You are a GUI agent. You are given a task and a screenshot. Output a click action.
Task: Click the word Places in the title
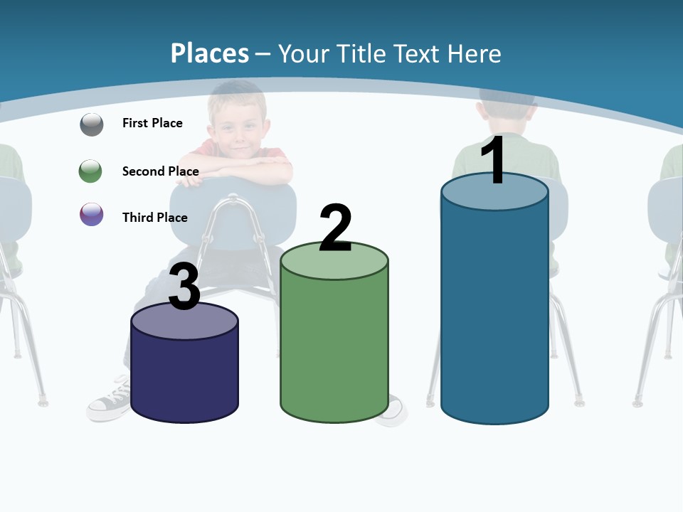coord(210,53)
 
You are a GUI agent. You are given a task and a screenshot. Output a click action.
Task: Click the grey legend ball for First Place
coord(92,124)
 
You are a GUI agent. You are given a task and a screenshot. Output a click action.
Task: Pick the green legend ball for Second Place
coord(90,171)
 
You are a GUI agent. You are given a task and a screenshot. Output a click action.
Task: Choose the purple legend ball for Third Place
coord(92,214)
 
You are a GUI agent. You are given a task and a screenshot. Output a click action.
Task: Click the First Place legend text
coord(152,123)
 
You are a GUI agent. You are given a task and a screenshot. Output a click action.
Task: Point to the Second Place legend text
coord(160,171)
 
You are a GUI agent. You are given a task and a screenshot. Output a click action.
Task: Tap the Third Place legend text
coord(154,218)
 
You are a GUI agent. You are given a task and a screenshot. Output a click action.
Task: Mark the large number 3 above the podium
coord(184,287)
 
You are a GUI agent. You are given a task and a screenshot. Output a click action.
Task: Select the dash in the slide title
coord(263,54)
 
